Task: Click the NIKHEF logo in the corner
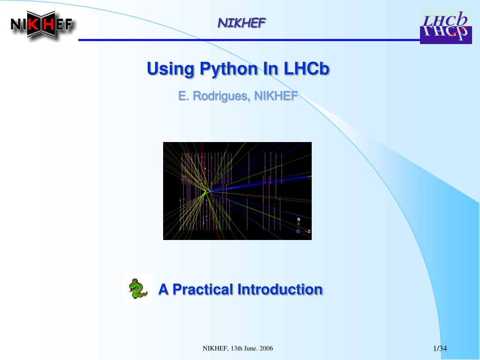pos(42,24)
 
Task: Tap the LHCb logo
pos(446,27)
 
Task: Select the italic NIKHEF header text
pos(241,23)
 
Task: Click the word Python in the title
pos(229,69)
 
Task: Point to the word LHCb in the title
pos(307,68)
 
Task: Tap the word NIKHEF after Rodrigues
pos(276,96)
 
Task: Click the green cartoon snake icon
pos(138,288)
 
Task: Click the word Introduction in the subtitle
pos(280,289)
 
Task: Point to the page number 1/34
pos(440,348)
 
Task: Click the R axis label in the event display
pos(299,219)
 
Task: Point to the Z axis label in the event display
pos(309,232)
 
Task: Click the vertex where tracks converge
pos(208,192)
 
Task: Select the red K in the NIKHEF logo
pos(33,24)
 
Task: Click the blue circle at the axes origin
pos(298,232)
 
